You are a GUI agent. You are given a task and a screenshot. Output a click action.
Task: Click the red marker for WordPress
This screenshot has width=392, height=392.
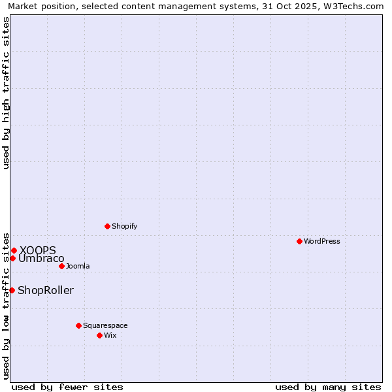299,241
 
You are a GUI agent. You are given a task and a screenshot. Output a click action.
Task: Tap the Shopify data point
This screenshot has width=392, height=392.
107,226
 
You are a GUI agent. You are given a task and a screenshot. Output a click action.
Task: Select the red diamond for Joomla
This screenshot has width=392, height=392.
61,266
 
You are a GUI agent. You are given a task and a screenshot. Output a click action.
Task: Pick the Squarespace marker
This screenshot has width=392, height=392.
78,325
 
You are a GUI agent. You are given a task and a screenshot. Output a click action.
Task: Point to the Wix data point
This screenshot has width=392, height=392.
99,335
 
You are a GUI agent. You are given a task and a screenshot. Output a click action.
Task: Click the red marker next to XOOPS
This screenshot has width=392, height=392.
14,250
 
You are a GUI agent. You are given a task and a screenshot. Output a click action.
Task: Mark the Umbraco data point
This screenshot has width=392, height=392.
12,258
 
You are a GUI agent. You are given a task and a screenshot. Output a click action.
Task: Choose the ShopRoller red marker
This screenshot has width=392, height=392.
12,290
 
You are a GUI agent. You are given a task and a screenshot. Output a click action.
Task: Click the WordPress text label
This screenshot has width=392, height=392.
322,241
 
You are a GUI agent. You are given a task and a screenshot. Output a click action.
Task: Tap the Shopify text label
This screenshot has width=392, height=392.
124,226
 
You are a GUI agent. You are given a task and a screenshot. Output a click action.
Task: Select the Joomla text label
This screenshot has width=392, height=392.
78,266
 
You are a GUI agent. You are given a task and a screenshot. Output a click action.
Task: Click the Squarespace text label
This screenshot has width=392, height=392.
105,325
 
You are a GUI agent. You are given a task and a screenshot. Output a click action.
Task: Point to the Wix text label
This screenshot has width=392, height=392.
110,335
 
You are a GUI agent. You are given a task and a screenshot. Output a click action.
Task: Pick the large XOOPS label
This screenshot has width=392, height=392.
38,250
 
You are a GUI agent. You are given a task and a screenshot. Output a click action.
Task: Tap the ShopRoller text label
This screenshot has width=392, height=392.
46,290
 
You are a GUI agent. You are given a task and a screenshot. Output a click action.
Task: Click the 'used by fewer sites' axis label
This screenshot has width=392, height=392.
67,387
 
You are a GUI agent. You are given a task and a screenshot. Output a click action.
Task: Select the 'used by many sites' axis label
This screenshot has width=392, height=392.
328,387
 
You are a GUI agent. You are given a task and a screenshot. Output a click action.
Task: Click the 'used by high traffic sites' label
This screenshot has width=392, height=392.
6,93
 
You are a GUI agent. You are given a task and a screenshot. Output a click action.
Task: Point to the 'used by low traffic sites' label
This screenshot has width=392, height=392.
6,306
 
